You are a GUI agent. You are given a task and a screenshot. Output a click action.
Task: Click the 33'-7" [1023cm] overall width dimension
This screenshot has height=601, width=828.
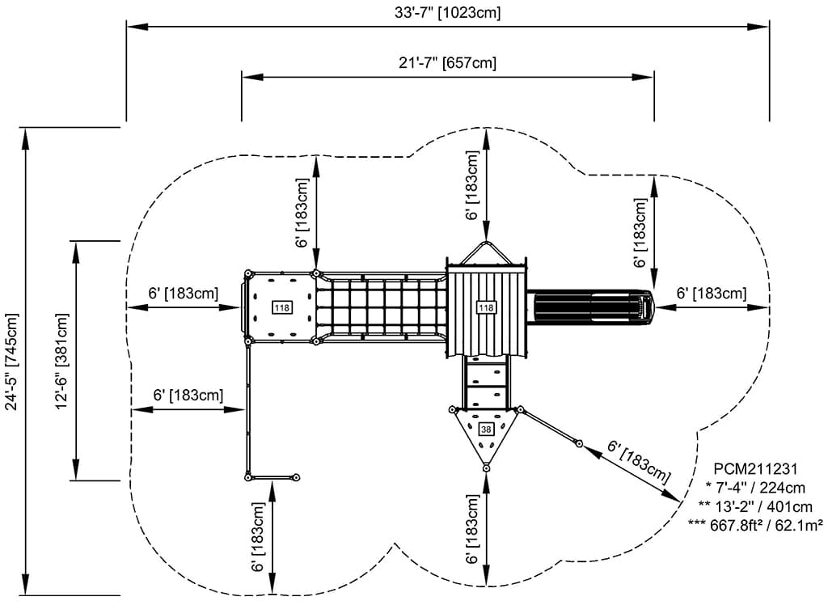446,12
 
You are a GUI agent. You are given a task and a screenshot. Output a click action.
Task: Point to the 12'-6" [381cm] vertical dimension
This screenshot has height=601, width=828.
61,360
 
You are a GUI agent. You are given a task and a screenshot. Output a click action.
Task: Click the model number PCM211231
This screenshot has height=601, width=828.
756,468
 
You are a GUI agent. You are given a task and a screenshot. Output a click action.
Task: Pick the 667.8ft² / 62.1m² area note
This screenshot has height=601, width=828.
755,525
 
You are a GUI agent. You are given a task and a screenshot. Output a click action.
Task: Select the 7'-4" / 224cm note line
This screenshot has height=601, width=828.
755,487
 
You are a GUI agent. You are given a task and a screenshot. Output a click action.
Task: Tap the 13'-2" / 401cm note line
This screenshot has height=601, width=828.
755,506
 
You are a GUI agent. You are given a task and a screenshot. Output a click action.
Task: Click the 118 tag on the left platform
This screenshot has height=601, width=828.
282,307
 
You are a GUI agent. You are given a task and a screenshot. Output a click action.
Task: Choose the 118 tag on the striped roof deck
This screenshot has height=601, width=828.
486,307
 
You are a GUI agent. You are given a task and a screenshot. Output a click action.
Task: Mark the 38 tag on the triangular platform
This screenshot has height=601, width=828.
486,429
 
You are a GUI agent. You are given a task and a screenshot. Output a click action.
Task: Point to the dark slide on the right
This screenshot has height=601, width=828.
590,307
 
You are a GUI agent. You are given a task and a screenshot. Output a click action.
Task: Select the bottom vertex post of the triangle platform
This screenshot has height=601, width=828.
486,468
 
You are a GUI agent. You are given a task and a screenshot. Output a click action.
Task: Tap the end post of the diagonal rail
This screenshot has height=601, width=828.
579,442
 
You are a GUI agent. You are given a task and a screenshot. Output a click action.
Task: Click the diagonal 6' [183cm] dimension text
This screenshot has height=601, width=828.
640,462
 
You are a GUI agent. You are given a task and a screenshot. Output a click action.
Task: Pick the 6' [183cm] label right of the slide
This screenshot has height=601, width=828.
712,294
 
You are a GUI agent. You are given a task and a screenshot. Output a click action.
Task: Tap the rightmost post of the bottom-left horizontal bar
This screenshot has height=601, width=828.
296,477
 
